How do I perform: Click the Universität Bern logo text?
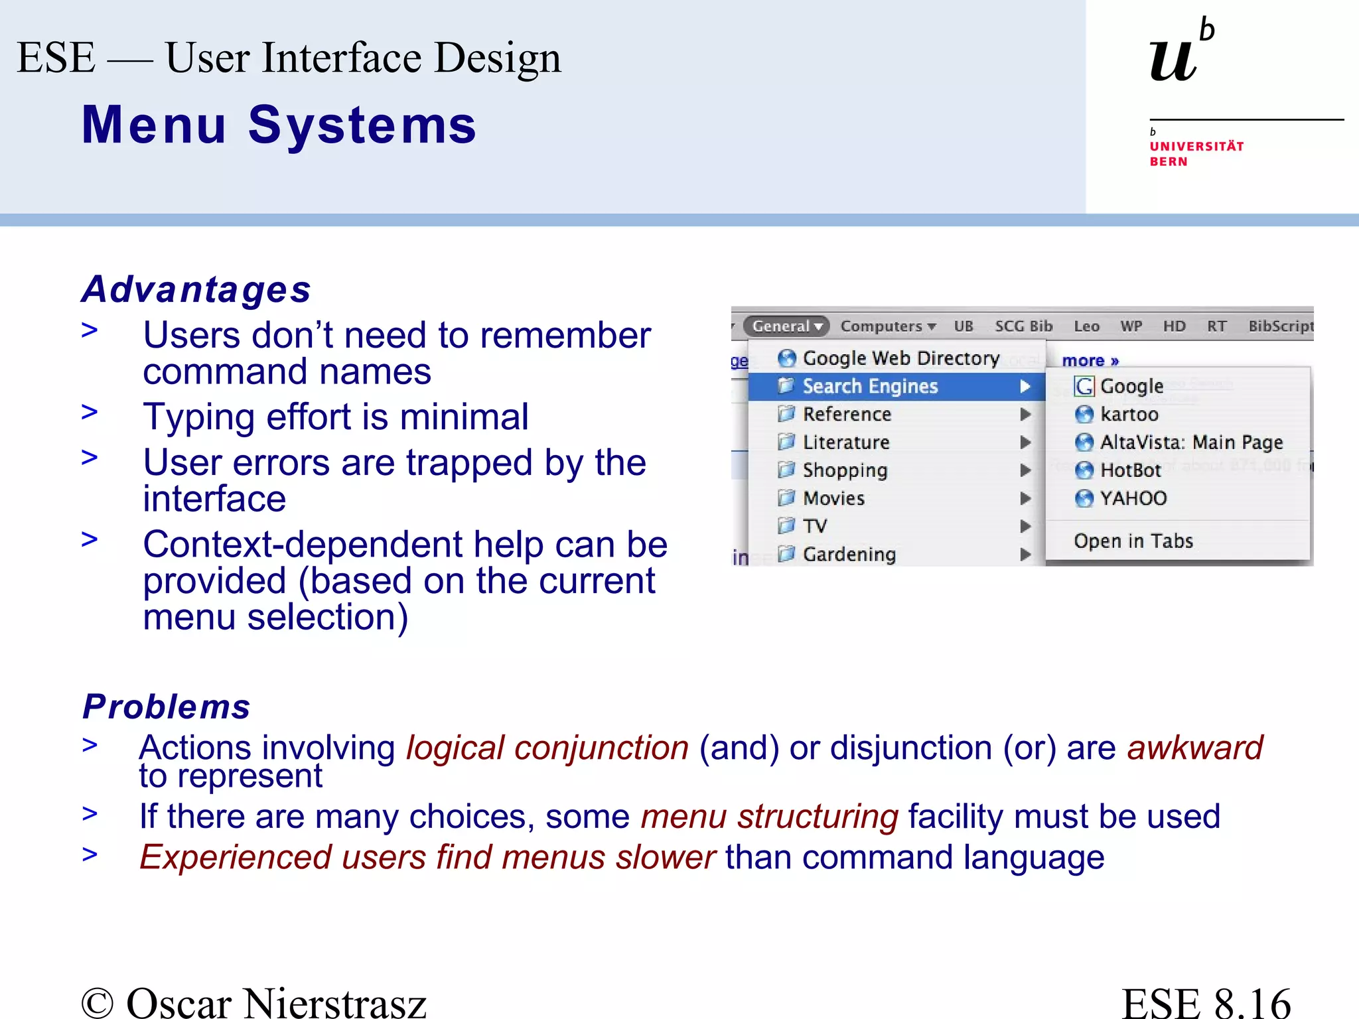tap(1196, 153)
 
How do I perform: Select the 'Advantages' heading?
tap(196, 289)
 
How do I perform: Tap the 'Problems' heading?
tap(167, 707)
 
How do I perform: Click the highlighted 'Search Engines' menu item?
tap(869, 386)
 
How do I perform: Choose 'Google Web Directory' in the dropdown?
tap(900, 358)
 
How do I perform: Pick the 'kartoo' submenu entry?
tap(1129, 415)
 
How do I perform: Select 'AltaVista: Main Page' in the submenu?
tap(1190, 442)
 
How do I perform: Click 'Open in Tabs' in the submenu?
tap(1133, 541)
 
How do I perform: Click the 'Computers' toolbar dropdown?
tap(887, 326)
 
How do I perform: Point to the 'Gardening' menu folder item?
tap(849, 554)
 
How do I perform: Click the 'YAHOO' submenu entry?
tap(1133, 498)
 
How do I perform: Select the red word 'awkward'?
tap(1194, 748)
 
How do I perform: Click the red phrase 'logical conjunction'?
tap(547, 748)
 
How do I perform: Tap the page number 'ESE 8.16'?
tap(1206, 1002)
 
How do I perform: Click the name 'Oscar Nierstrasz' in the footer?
tap(275, 1002)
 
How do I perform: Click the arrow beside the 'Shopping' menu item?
tap(1025, 470)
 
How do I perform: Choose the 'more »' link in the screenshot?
tap(1090, 361)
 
